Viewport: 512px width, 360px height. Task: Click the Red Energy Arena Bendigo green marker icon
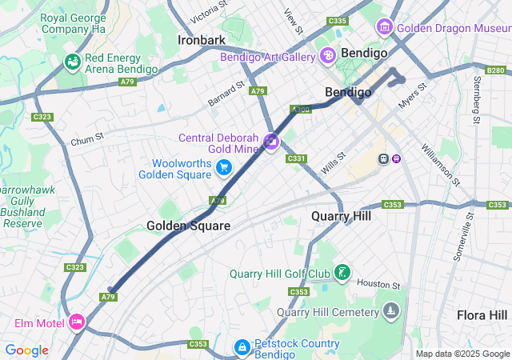[x=73, y=62]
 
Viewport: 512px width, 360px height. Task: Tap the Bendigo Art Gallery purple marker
[x=327, y=55]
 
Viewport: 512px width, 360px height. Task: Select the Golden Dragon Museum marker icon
[x=385, y=27]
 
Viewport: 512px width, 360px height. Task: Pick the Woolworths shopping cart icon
[x=224, y=167]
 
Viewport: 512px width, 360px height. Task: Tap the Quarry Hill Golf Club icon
[x=342, y=273]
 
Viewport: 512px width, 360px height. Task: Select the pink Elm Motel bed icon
[x=77, y=322]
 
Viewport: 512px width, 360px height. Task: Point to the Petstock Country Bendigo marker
[x=242, y=347]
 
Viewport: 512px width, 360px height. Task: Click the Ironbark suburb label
[x=202, y=39]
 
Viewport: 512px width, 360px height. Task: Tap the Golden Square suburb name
[x=188, y=226]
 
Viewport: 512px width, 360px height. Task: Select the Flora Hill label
[x=482, y=314]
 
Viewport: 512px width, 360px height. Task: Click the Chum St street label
[x=87, y=141]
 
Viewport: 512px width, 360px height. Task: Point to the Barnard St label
[x=225, y=92]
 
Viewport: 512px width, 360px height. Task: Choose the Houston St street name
[x=378, y=284]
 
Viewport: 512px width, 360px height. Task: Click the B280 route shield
[x=496, y=70]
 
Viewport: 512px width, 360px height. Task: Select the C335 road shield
[x=338, y=21]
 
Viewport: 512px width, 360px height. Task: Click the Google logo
[x=26, y=350]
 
